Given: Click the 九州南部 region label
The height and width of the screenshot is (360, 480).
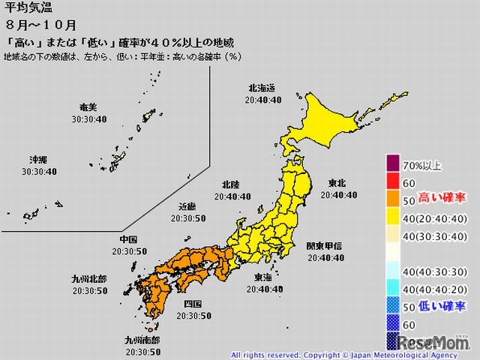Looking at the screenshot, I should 140,340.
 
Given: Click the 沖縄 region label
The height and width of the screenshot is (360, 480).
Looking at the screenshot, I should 37,160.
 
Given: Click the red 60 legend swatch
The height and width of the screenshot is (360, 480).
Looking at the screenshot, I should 393,182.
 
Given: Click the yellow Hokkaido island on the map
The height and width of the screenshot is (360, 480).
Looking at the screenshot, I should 322,120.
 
